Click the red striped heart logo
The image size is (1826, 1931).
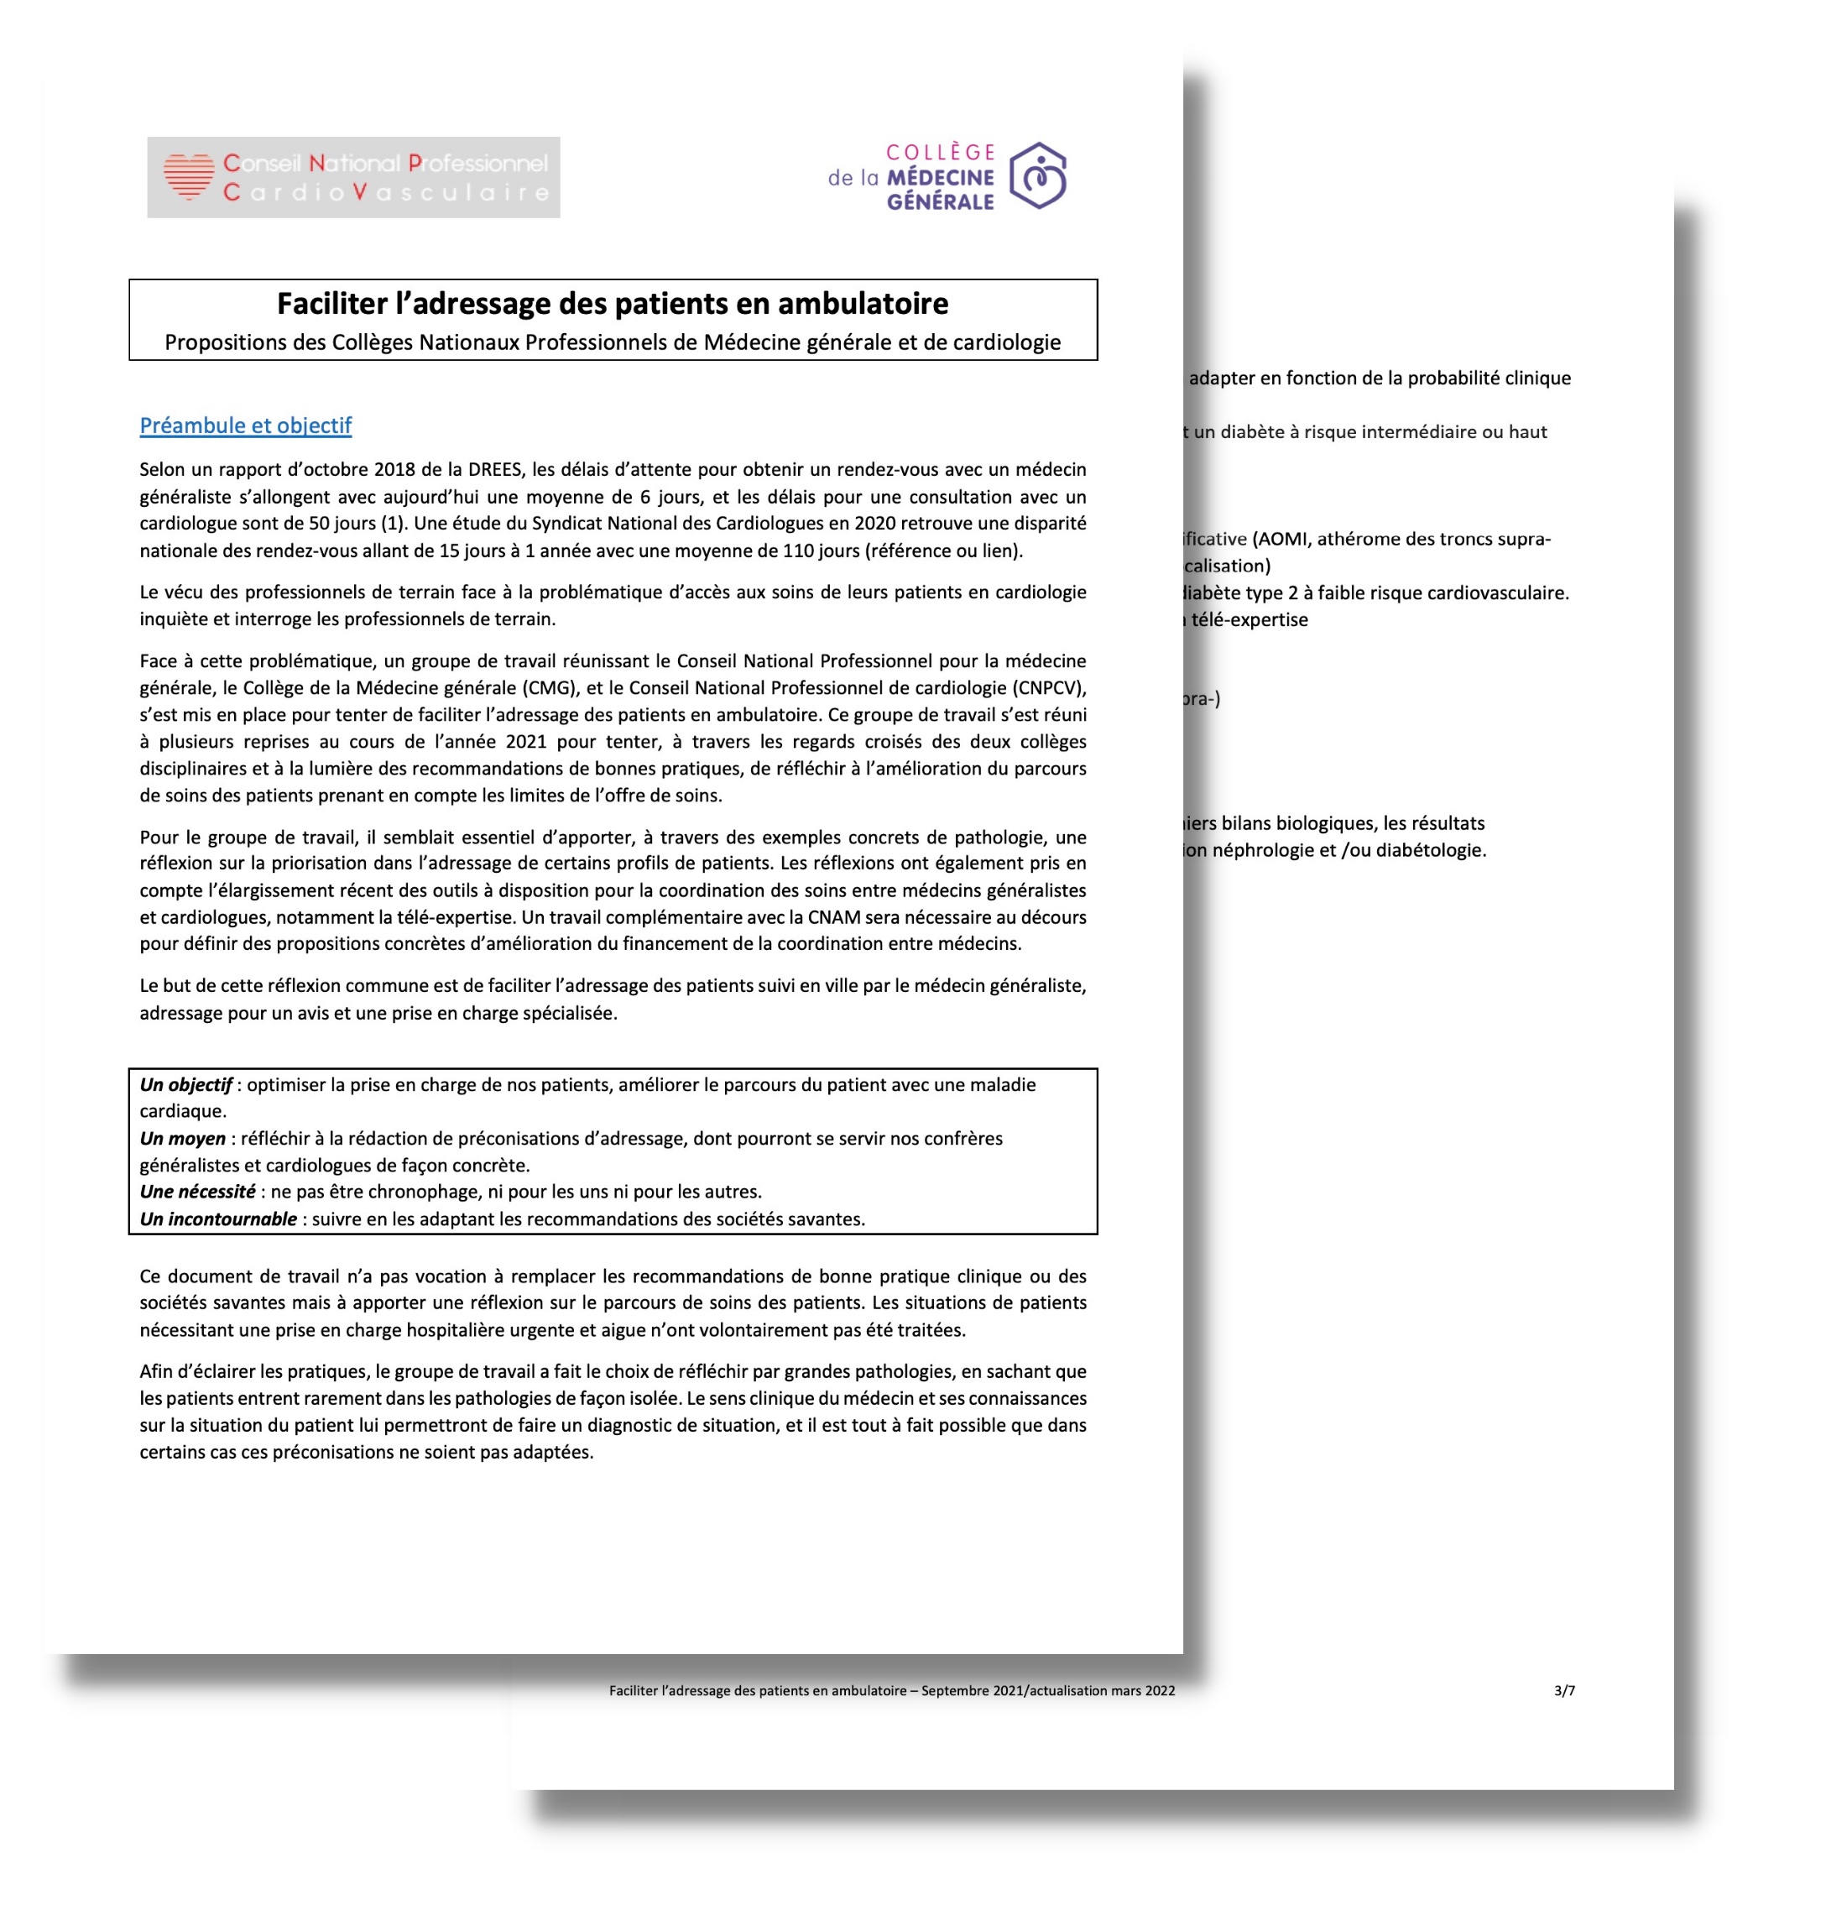tap(189, 176)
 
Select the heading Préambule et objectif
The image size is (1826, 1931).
tap(245, 425)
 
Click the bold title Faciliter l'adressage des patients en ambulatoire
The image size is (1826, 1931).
tap(613, 304)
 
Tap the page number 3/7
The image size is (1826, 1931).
tap(1564, 1691)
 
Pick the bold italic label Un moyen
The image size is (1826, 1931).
tap(182, 1138)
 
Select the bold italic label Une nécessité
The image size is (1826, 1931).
tap(196, 1192)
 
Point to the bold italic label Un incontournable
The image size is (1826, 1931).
tap(218, 1219)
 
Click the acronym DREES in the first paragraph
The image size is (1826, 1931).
tap(494, 469)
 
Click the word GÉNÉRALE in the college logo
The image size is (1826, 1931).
tap(940, 202)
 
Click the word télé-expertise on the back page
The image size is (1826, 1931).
tap(1250, 620)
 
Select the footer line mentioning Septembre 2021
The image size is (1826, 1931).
tap(891, 1691)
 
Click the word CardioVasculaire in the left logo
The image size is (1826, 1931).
tap(386, 193)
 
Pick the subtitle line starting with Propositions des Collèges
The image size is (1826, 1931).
tap(613, 342)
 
